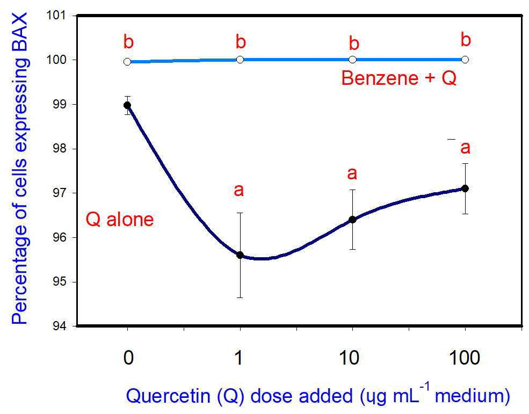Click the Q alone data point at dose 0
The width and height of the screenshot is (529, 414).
pyautogui.click(x=127, y=105)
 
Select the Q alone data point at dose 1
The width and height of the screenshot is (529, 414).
pyautogui.click(x=240, y=255)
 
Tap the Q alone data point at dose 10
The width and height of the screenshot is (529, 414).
pyautogui.click(x=352, y=219)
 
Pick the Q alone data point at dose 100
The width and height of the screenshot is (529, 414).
pyautogui.click(x=465, y=188)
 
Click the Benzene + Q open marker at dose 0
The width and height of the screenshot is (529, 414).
pyautogui.click(x=127, y=62)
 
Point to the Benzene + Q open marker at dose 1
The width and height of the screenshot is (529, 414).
pyautogui.click(x=240, y=59)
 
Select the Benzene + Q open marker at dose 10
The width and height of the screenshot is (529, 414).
pyautogui.click(x=352, y=59)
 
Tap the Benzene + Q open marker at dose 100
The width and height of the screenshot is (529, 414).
pyautogui.click(x=465, y=59)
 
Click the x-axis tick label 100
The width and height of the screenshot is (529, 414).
pyautogui.click(x=465, y=358)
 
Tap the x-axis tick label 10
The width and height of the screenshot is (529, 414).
pyautogui.click(x=352, y=358)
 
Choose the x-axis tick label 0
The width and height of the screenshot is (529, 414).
pyautogui.click(x=128, y=358)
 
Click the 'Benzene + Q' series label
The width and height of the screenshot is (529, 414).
pyautogui.click(x=399, y=78)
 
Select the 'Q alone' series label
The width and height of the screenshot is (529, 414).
pyautogui.click(x=120, y=220)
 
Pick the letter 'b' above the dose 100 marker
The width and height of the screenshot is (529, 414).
pyautogui.click(x=466, y=40)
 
